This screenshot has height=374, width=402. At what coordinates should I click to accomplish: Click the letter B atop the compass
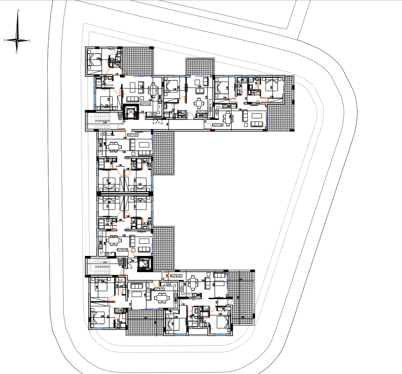tap(18, 10)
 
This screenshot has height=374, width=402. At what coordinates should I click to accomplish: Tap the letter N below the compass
tap(17, 53)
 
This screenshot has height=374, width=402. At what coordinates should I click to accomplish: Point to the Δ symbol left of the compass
tap(5, 40)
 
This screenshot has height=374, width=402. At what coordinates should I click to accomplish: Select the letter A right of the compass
tap(29, 41)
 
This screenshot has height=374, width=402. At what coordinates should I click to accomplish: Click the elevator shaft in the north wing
tap(130, 112)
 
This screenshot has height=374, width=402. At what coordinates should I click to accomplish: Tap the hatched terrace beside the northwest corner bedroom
tap(138, 61)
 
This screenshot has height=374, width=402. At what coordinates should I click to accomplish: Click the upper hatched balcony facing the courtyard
tap(163, 153)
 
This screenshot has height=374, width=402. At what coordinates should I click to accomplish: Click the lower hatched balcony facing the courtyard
tap(163, 248)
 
